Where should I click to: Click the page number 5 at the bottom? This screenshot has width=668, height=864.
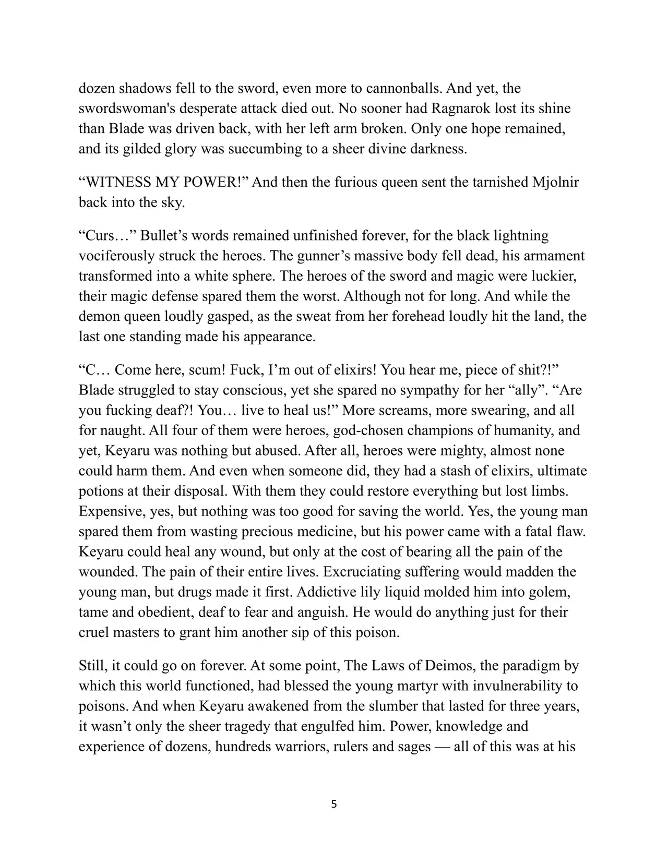coord(334,804)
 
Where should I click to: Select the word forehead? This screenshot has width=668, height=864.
coord(380,317)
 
